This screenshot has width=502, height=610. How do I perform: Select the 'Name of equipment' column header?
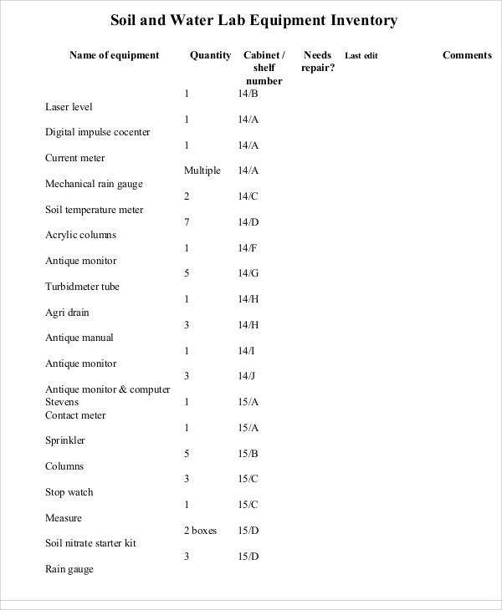coord(114,55)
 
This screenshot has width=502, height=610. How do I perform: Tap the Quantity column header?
coord(211,55)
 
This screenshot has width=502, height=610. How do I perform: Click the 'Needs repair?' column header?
coord(318,61)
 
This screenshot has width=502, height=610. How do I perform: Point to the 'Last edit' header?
coord(361,56)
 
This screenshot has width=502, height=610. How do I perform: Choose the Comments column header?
coord(467,55)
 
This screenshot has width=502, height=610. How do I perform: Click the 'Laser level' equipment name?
coord(69,107)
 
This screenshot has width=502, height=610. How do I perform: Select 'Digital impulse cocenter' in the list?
coord(98,132)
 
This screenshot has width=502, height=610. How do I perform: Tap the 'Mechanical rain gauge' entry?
coord(94,184)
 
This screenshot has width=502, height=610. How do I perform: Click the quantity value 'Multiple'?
coord(202,170)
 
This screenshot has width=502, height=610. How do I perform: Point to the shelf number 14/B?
coord(248,94)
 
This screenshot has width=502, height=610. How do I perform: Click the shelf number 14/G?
coord(248,273)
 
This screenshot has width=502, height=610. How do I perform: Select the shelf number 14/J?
coord(248,376)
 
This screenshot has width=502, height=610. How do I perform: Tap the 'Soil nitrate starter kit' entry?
coord(90,543)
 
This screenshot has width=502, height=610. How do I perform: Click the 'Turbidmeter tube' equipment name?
coord(82,287)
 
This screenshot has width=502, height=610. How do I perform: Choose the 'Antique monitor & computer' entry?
coord(108,389)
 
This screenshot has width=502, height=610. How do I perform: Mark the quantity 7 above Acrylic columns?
coord(187,222)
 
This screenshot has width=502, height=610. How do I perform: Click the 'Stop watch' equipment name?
coord(69,492)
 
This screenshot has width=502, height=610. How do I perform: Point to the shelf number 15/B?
coord(248,454)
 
